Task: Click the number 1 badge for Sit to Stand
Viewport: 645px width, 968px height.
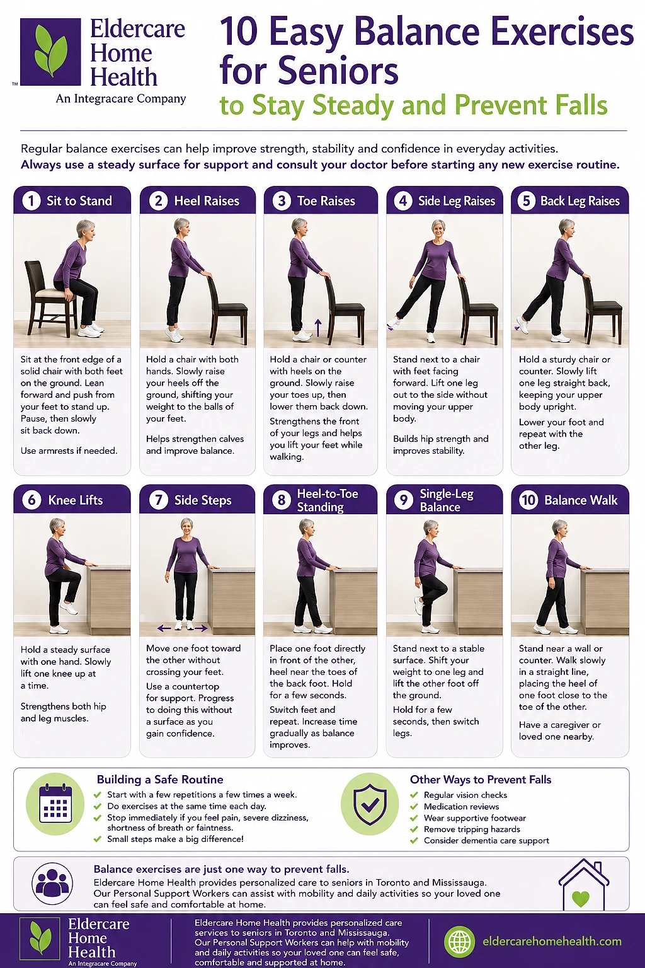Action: click(31, 201)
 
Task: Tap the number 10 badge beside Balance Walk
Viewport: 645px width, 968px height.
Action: click(528, 500)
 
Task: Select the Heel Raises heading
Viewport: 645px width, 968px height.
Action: click(207, 201)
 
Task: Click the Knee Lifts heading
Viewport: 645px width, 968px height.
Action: click(75, 500)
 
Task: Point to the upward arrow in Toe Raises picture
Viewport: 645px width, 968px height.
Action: click(318, 328)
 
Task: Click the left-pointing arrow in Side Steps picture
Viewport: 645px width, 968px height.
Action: click(164, 628)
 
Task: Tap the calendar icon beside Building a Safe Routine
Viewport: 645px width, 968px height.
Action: click(55, 804)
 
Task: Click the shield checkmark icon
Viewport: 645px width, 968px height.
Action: click(370, 804)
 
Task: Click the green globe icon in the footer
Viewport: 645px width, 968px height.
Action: click(459, 941)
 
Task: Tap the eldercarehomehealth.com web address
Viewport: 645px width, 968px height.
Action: click(552, 942)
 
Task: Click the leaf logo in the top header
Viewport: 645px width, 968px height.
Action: click(50, 52)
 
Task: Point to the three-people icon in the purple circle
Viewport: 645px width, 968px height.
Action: click(52, 884)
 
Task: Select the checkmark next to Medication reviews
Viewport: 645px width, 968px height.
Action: click(414, 807)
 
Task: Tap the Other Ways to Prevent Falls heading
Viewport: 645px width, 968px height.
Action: click(481, 780)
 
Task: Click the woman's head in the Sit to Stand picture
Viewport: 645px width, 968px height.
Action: click(86, 229)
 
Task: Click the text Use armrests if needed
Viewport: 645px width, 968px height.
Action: click(69, 451)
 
